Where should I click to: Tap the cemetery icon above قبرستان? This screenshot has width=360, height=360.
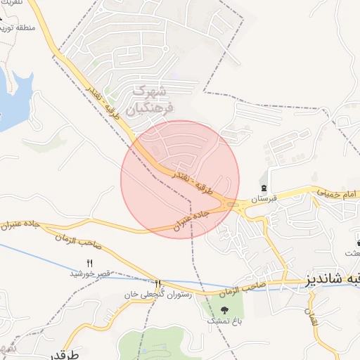(264, 188)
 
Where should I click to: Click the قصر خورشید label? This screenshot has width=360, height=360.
(89, 273)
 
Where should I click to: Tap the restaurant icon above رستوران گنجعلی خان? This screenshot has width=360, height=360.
(157, 283)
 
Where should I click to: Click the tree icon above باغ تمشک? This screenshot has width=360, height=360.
(225, 309)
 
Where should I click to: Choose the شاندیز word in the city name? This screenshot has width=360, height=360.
(330, 279)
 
